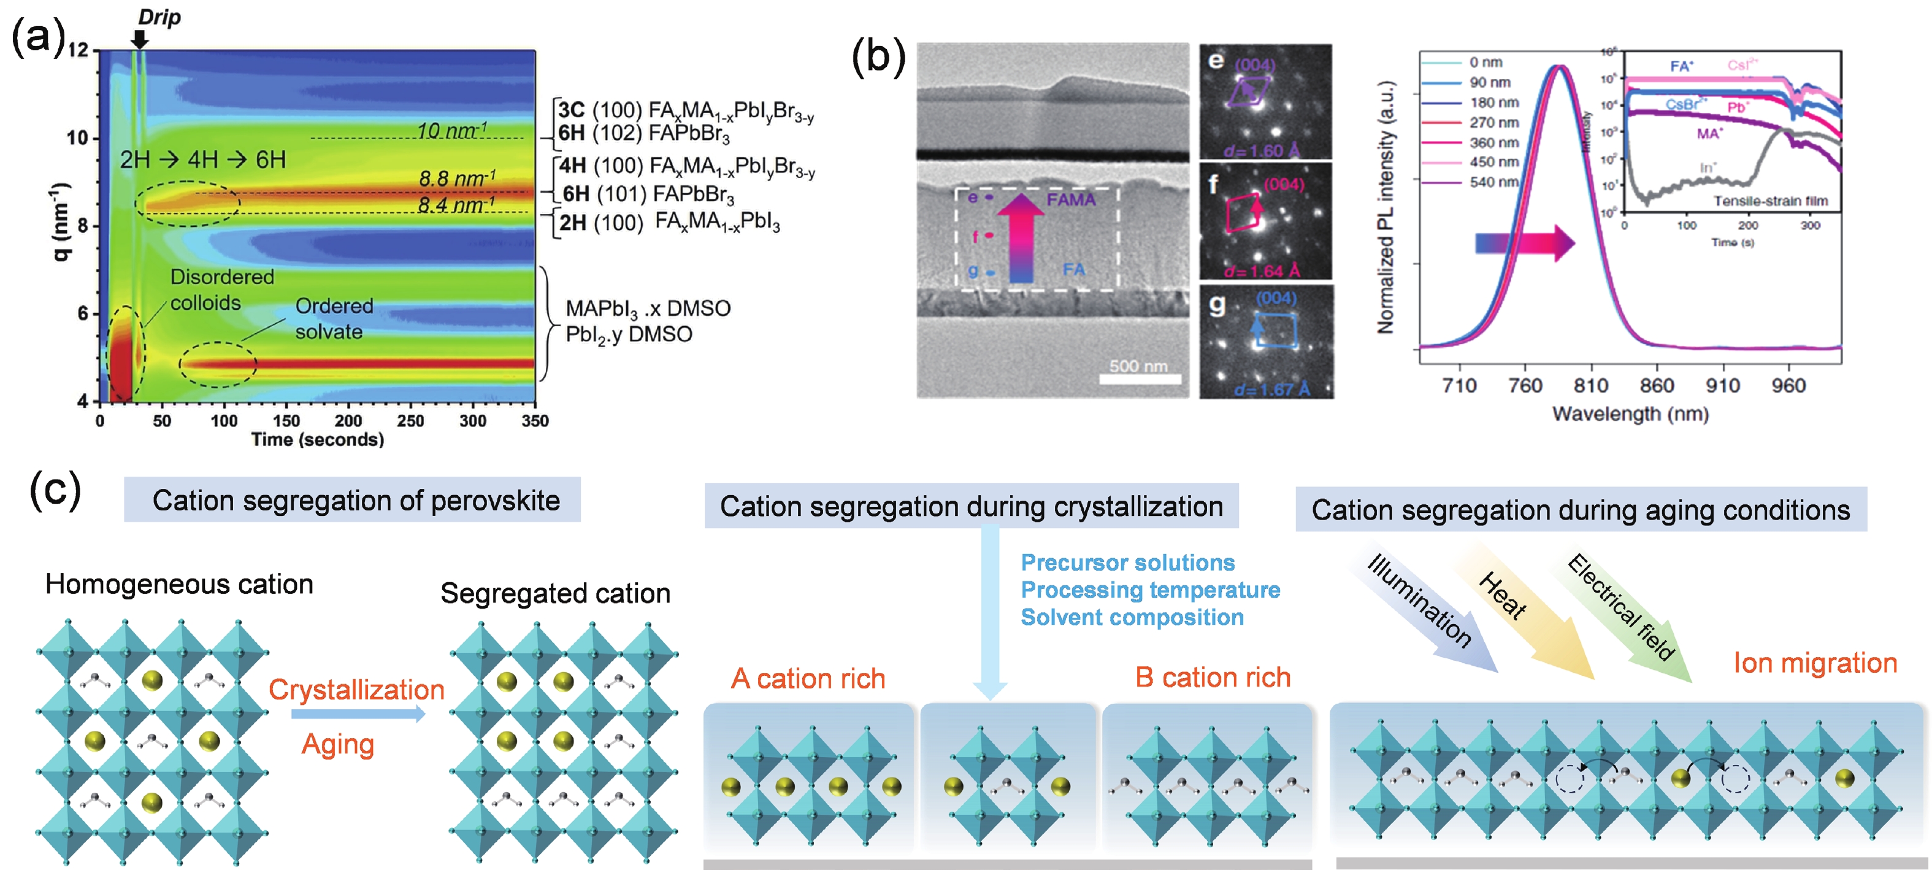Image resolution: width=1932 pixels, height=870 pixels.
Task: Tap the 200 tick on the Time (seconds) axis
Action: click(348, 421)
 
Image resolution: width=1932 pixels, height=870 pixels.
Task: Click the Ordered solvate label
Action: click(334, 319)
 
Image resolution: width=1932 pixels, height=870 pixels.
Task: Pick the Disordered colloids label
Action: click(221, 290)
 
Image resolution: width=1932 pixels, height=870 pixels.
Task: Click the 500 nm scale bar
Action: click(1138, 379)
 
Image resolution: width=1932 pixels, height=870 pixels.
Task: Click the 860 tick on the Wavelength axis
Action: click(1656, 385)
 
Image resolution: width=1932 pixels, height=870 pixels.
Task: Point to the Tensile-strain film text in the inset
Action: click(1770, 201)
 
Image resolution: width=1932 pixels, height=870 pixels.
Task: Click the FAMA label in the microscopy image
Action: click(1071, 199)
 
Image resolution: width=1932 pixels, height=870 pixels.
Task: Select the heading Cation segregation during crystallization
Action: click(972, 507)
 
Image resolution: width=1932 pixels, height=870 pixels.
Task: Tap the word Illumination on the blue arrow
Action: click(1419, 600)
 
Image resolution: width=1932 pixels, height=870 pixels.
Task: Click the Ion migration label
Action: click(1815, 663)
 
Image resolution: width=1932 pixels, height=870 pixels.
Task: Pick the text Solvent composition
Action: click(1132, 617)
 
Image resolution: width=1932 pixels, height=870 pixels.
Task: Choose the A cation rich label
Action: click(808, 679)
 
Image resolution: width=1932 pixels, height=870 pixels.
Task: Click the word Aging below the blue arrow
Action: click(337, 745)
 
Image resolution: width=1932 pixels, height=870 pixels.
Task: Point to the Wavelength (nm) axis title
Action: click(1630, 414)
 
